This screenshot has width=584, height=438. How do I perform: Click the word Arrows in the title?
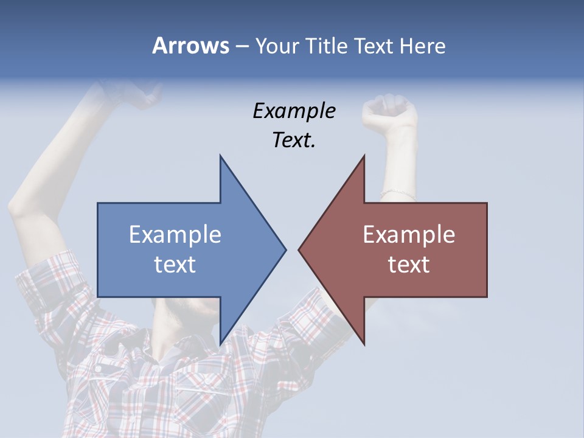pyautogui.click(x=190, y=46)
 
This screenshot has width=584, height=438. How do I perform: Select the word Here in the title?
pyautogui.click(x=422, y=46)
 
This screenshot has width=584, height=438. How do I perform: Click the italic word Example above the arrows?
pyautogui.click(x=294, y=111)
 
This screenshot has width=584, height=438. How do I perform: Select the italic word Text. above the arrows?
pyautogui.click(x=294, y=141)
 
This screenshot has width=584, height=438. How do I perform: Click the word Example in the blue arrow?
pyautogui.click(x=175, y=235)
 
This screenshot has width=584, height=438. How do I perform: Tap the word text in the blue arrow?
pyautogui.click(x=175, y=265)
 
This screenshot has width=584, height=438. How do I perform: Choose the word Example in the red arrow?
pyautogui.click(x=409, y=235)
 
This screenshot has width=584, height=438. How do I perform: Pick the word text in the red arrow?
pyautogui.click(x=409, y=265)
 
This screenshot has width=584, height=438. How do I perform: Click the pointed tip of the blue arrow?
pyautogui.click(x=285, y=249)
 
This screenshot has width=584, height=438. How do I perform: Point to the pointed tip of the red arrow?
pyautogui.click(x=300, y=249)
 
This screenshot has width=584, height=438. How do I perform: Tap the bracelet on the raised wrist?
pyautogui.click(x=398, y=194)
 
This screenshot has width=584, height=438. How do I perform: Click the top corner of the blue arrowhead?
pyautogui.click(x=221, y=157)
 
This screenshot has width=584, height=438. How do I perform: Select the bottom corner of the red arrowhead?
pyautogui.click(x=364, y=344)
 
